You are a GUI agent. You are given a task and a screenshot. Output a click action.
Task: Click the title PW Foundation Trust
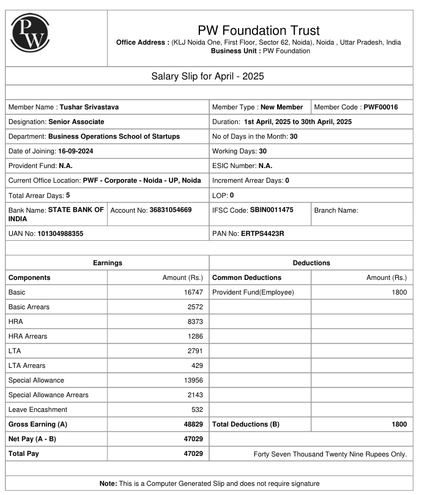[x=259, y=30]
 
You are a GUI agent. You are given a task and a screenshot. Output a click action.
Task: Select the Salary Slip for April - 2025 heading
[x=207, y=76]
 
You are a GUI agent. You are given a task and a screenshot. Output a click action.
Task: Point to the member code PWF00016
[x=380, y=107]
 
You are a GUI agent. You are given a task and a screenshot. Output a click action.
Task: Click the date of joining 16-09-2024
[x=75, y=151]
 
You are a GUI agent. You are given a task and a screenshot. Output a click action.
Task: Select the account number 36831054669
[x=170, y=210]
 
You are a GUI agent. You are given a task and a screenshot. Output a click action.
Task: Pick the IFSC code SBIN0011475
[x=272, y=210]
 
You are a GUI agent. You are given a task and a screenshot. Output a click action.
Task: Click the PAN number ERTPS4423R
[x=262, y=233]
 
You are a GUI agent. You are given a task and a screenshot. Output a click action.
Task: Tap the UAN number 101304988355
[x=60, y=233]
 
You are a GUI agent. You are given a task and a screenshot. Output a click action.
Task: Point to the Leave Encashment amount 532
[x=197, y=409]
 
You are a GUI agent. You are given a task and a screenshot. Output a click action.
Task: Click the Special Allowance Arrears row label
[x=48, y=395]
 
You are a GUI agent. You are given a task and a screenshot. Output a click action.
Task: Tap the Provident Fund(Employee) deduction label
[x=253, y=292]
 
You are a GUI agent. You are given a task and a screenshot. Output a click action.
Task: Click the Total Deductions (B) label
[x=245, y=424]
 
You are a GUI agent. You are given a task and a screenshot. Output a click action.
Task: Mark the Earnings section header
[x=108, y=263]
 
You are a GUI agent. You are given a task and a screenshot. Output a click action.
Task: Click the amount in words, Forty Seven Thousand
[x=330, y=454]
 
